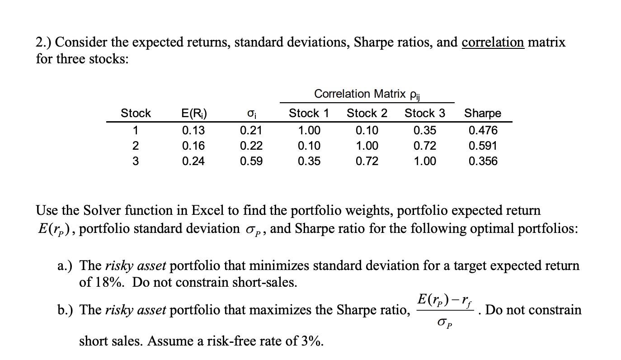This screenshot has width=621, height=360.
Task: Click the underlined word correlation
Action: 493,43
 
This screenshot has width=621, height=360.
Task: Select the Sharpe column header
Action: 483,113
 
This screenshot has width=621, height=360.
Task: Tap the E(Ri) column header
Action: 193,113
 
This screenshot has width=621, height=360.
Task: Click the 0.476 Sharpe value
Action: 483,131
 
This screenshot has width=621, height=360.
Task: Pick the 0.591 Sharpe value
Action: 483,146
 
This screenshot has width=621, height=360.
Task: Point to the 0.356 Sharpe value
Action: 483,161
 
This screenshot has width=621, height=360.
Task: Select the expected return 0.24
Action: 193,161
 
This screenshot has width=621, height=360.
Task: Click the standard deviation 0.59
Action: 251,161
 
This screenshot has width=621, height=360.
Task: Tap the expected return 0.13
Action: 193,131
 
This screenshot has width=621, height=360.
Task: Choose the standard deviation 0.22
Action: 251,146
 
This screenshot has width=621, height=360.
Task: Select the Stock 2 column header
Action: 367,113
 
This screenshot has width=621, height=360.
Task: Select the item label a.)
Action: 66,265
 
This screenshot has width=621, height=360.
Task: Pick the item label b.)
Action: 66,310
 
